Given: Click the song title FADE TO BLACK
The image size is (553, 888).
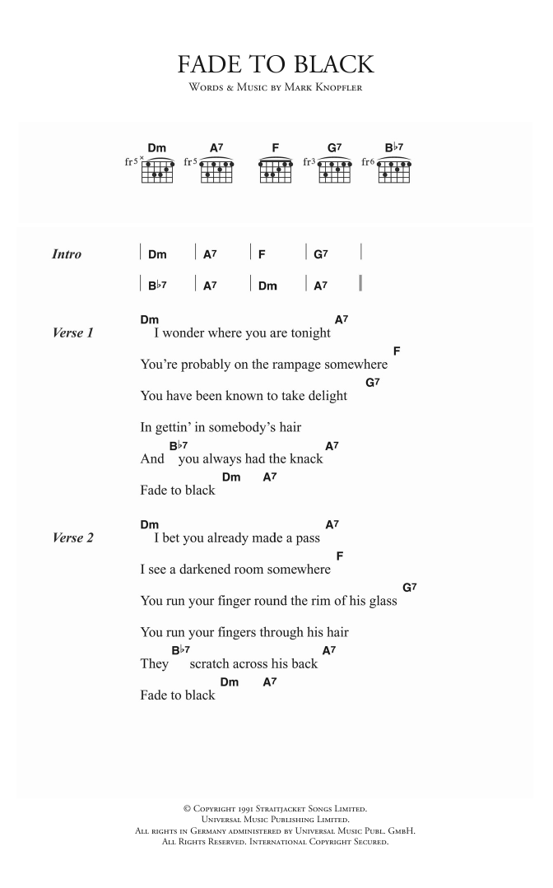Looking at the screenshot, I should [276, 65].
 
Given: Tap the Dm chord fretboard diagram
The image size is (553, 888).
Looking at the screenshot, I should [157, 170].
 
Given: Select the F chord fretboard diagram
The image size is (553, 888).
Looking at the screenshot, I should [275, 170].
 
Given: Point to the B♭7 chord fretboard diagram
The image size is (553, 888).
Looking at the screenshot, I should [394, 170].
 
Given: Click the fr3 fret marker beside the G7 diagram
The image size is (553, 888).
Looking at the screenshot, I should [309, 162].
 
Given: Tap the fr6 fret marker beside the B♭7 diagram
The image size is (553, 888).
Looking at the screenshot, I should [368, 162].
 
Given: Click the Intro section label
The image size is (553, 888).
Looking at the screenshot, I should [67, 254].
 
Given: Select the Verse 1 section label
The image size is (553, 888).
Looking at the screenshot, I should [72, 333].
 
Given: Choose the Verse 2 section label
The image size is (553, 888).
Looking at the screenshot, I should [72, 538].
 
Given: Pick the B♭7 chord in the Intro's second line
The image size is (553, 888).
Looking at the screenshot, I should [157, 286].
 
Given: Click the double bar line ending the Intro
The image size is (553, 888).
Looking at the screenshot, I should [360, 286].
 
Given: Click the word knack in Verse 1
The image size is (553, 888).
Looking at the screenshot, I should [305, 459].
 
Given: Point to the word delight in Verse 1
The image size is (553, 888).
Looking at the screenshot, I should [325, 396].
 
